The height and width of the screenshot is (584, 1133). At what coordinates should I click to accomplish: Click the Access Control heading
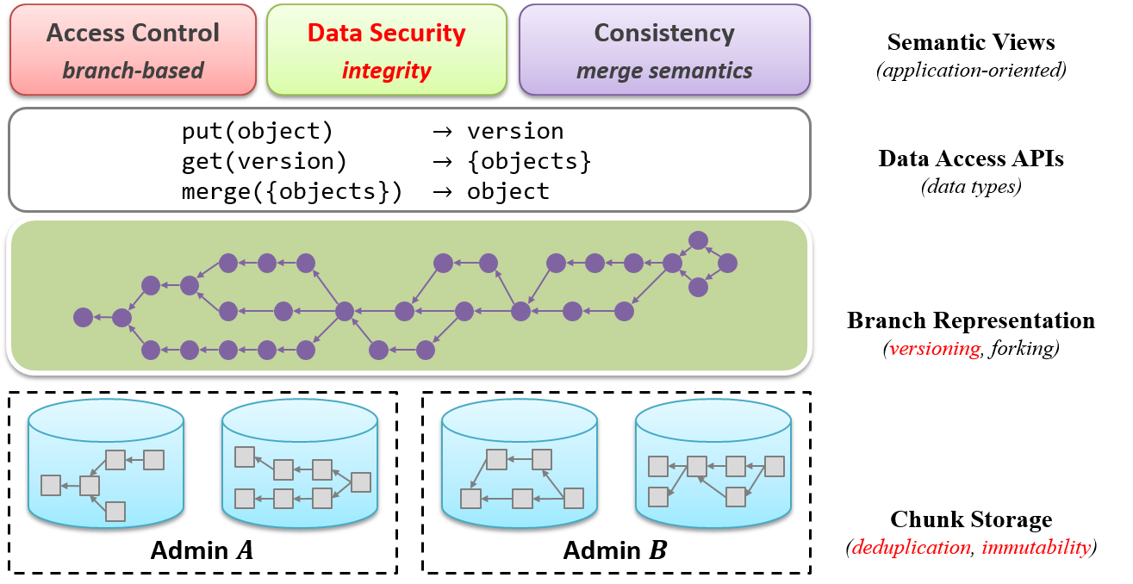tap(133, 33)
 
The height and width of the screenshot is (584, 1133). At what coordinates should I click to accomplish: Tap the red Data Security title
tap(387, 34)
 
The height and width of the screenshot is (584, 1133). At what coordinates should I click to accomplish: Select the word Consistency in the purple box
tap(664, 34)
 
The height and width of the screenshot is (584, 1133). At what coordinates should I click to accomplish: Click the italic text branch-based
tap(133, 71)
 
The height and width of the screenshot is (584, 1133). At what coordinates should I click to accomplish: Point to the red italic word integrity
tap(387, 71)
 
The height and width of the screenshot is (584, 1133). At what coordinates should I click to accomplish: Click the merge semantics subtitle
tap(664, 71)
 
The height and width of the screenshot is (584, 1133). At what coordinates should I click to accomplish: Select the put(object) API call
tap(257, 132)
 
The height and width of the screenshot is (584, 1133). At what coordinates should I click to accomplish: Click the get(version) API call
tap(264, 162)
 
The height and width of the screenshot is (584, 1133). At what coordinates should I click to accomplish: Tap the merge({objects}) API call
tap(292, 192)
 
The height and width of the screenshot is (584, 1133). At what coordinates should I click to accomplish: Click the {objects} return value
tap(529, 162)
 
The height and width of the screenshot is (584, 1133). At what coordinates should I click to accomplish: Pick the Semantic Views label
tap(971, 42)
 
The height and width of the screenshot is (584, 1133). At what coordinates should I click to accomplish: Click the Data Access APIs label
tap(971, 158)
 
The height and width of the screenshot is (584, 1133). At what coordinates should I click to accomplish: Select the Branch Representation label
tap(971, 320)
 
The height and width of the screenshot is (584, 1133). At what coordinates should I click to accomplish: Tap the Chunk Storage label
tap(971, 519)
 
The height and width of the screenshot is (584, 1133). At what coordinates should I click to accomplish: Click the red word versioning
tap(935, 348)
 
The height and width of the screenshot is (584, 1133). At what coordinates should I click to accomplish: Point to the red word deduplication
tap(911, 548)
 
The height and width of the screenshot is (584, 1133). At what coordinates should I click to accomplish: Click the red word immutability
tap(1036, 548)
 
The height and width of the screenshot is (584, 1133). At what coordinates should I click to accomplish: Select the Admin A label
tap(202, 550)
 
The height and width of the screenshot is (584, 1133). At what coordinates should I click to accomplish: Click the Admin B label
tap(615, 550)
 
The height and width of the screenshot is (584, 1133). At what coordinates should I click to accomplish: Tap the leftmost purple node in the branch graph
tap(83, 318)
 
